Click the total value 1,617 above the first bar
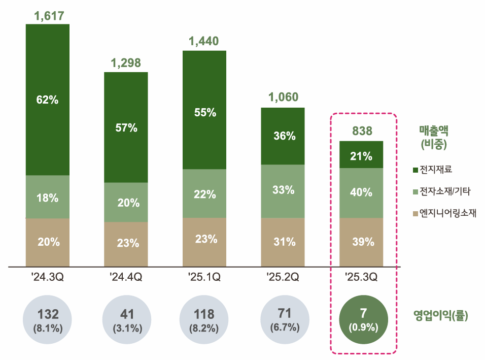point(49,16)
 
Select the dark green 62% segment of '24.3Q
point(48,100)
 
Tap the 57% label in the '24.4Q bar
point(126,127)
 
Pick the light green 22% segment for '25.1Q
point(204,193)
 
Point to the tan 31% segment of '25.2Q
point(283,242)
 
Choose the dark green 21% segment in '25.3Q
point(361,155)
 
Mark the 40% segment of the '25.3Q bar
point(361,193)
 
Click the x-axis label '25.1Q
point(204,277)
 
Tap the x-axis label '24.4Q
point(126,277)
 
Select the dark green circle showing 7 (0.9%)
point(363,320)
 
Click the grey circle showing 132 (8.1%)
point(48,320)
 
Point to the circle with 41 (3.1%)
point(126,320)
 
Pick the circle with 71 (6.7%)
point(285,320)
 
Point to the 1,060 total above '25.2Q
point(283,97)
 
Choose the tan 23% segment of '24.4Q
point(126,243)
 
